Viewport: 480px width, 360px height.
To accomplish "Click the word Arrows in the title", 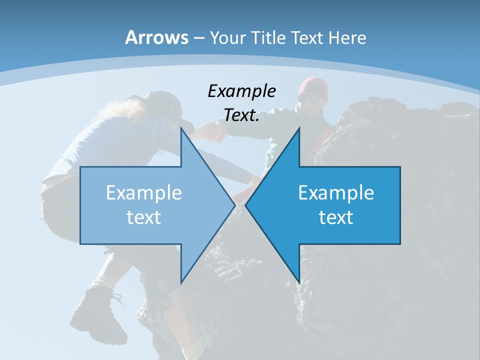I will coord(156,37).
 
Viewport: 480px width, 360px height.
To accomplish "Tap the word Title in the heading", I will coord(268,37).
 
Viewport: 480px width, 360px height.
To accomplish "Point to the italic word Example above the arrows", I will coord(241,91).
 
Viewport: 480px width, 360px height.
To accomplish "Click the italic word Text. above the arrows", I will coord(241,115).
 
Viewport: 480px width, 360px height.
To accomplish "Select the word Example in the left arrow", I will coord(144,193).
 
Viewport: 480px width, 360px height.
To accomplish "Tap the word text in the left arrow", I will coord(144,217).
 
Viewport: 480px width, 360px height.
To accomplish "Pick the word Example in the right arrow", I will coord(336,193).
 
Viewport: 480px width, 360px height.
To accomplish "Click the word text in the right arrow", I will coord(336,217).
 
